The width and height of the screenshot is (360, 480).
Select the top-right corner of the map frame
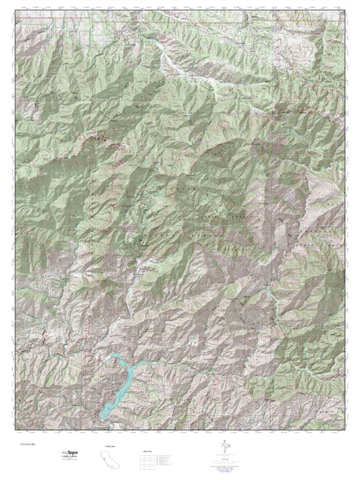click(x=346, y=11)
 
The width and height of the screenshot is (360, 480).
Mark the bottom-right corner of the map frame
click(x=346, y=431)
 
